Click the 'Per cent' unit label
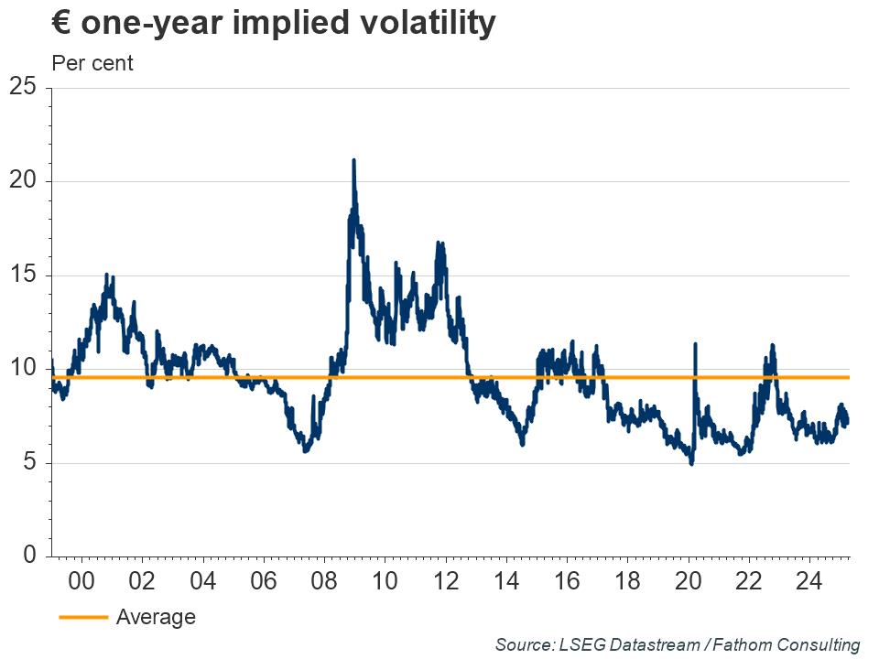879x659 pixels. [92, 63]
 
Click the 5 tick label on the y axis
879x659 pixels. [29, 463]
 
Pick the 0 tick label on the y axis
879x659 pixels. [29, 556]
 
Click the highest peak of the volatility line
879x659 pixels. [353, 161]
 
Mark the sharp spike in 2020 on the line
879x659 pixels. [696, 345]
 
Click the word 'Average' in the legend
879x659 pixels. [156, 618]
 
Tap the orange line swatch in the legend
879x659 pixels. [83, 618]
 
